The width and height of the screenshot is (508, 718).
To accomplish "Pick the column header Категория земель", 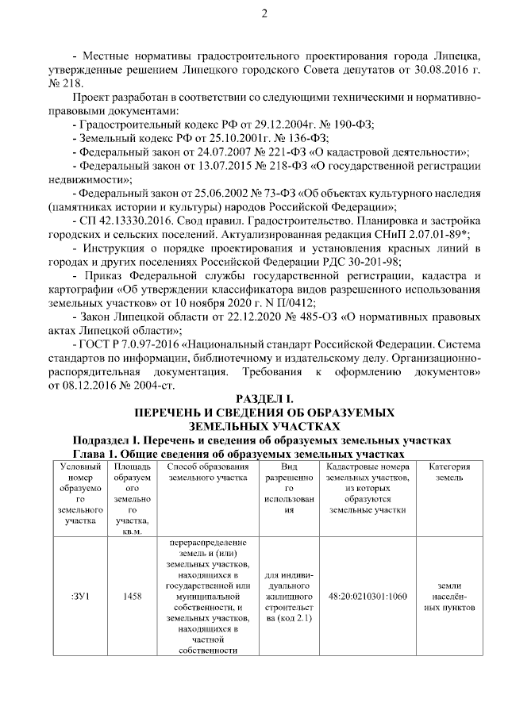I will coord(449,473).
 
